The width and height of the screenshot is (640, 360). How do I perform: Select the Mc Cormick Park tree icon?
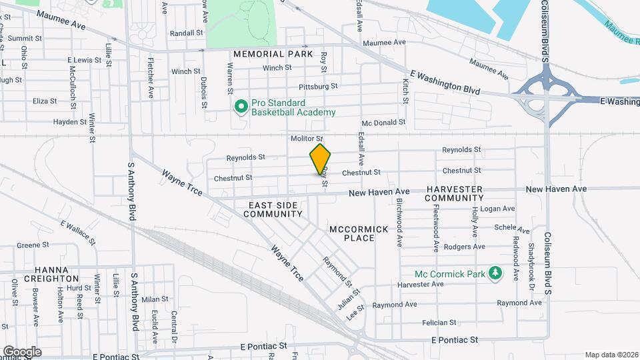tap(495, 273)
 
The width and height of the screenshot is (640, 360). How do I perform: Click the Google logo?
tap(22, 351)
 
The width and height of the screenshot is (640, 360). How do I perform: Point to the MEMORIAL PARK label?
tap(273, 53)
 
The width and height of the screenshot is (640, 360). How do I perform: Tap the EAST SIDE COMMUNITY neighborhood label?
tap(273, 209)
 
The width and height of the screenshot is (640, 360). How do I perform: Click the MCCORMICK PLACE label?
tap(359, 233)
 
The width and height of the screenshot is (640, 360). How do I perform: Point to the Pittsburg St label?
tap(318, 86)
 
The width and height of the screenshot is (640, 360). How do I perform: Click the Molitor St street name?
tap(307, 138)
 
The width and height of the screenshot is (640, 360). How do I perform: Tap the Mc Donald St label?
tap(383, 123)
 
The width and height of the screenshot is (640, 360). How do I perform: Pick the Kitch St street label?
tap(405, 90)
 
